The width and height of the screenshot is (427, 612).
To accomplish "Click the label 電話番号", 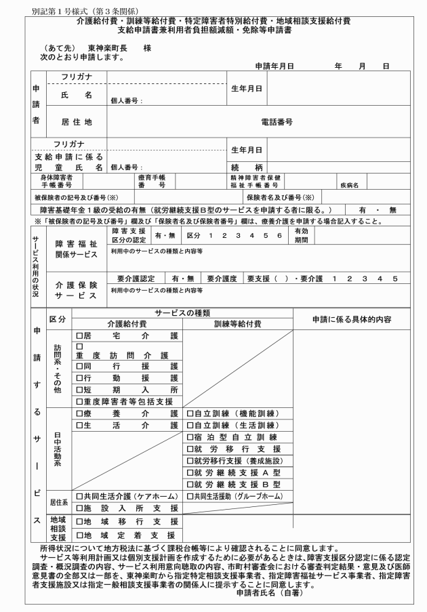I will pos(277,122).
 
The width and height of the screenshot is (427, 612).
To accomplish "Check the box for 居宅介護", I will pos(79,335).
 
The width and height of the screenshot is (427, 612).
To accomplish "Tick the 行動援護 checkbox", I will pos(79,376).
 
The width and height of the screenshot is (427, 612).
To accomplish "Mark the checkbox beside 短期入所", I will pos(79,389).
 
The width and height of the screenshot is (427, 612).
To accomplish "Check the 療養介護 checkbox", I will pos(79,413).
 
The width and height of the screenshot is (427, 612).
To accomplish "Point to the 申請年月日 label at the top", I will pos(274,66).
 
